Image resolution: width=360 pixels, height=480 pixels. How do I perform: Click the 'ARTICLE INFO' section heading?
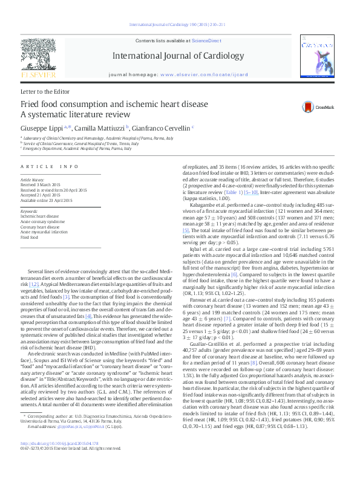point(50,166)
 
